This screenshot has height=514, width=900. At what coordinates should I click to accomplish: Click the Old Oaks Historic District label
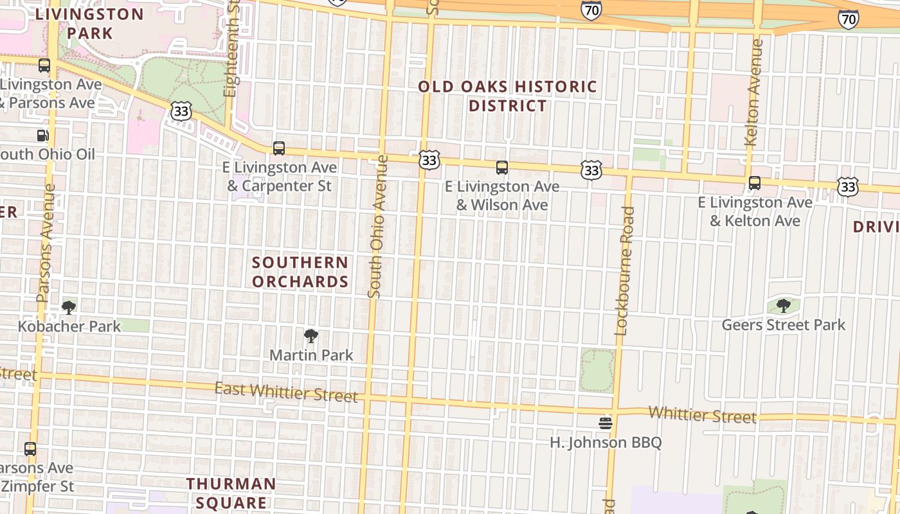coord(508,96)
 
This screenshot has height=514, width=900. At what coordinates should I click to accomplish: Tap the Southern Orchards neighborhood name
coord(300,272)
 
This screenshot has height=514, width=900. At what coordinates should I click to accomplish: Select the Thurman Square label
coord(231,493)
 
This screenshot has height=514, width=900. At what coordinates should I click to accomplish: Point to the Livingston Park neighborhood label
coord(89,23)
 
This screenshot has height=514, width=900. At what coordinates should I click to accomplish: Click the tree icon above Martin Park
coord(311,335)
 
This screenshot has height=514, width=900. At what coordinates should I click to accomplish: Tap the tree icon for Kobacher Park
coord(69,307)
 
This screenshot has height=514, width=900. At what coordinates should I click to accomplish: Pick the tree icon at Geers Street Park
coord(783,305)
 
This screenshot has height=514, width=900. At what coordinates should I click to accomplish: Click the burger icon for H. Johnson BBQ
coord(605,423)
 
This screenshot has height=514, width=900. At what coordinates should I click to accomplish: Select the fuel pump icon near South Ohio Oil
coord(42,135)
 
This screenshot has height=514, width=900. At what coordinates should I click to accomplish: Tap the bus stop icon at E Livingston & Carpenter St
coord(279,148)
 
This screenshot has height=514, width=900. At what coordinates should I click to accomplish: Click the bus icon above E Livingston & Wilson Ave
coord(502,168)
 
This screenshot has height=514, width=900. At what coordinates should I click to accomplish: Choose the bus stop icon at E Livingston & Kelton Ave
coord(755,183)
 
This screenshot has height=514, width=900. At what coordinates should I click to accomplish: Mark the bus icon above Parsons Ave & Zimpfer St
coord(30,449)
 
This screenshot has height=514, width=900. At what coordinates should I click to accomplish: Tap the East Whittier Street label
coord(286,392)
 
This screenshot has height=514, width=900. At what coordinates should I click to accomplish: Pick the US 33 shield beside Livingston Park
coord(181,111)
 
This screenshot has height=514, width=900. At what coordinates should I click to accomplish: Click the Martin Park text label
coord(311,355)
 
